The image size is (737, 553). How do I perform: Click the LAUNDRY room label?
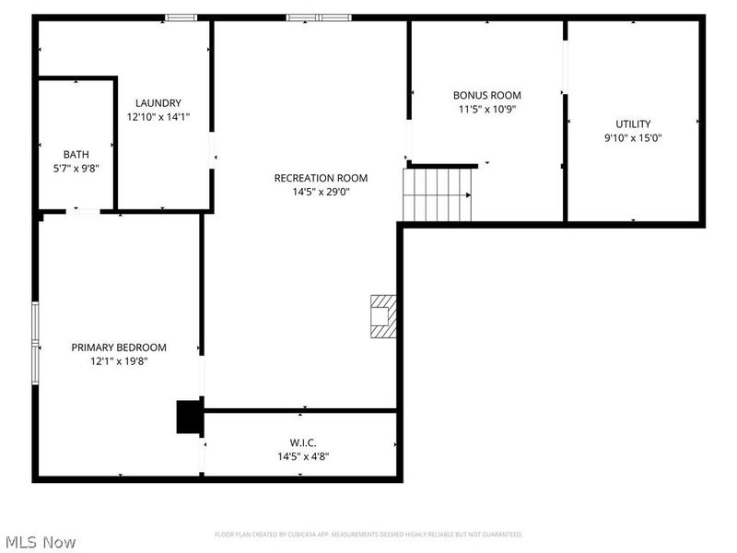pyautogui.click(x=158, y=103)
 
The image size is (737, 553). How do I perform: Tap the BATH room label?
pyautogui.click(x=76, y=154)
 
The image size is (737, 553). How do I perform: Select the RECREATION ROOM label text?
pyautogui.click(x=321, y=178)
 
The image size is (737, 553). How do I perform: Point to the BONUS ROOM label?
pyautogui.click(x=486, y=95)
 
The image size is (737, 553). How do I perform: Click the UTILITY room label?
pyautogui.click(x=633, y=124)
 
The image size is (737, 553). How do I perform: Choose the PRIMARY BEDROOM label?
pyautogui.click(x=119, y=347)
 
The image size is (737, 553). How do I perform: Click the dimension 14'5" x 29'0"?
pyautogui.click(x=321, y=192)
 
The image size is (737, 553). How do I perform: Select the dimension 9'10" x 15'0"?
pyautogui.click(x=633, y=138)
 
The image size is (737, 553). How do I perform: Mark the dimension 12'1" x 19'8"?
pyautogui.click(x=119, y=361)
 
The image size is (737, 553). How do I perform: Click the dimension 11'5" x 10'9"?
pyautogui.click(x=486, y=109)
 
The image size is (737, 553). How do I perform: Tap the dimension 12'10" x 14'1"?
pyautogui.click(x=158, y=117)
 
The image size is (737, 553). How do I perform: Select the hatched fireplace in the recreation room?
pyautogui.click(x=383, y=317)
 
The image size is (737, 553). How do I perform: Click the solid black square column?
pyautogui.click(x=190, y=417)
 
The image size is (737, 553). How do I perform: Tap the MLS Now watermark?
pyautogui.click(x=40, y=542)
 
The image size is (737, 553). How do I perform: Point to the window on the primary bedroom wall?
pyautogui.click(x=36, y=342)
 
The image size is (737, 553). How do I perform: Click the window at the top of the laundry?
pyautogui.click(x=181, y=17)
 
